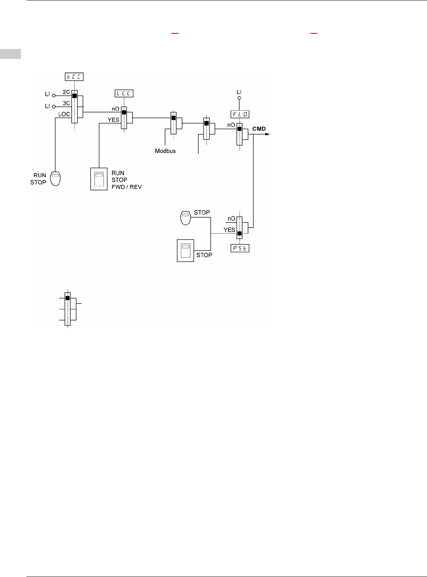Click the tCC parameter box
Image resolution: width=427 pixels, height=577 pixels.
coord(74,77)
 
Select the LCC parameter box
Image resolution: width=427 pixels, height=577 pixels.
coord(124,94)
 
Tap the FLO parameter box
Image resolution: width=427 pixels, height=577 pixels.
coord(240,114)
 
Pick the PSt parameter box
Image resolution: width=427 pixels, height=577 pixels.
coord(240,248)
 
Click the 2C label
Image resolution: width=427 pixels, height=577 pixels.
coord(66,92)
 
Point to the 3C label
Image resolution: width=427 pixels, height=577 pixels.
coord(66,103)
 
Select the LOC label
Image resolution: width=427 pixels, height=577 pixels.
coord(64,114)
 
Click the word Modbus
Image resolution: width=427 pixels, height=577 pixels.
coord(165,151)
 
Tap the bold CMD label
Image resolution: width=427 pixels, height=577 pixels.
coord(259,129)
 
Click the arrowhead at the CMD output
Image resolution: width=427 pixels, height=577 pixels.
coord(267,134)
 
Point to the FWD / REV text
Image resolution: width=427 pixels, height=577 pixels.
coord(127,187)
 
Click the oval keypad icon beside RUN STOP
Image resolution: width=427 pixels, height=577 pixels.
coord(55,178)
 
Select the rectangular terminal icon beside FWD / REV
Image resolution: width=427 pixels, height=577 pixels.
coord(99,179)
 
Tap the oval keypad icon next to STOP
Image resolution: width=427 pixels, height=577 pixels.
coord(186,218)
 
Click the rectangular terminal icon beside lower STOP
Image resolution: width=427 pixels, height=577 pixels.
coord(186,251)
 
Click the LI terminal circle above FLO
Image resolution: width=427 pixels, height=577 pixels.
coord(239,98)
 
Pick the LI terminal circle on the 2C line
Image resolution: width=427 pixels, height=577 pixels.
coord(54,95)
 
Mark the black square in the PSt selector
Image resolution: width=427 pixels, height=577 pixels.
coord(239,234)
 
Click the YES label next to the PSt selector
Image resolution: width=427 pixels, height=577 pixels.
coord(229,230)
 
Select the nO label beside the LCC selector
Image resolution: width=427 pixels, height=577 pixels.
coord(115,109)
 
